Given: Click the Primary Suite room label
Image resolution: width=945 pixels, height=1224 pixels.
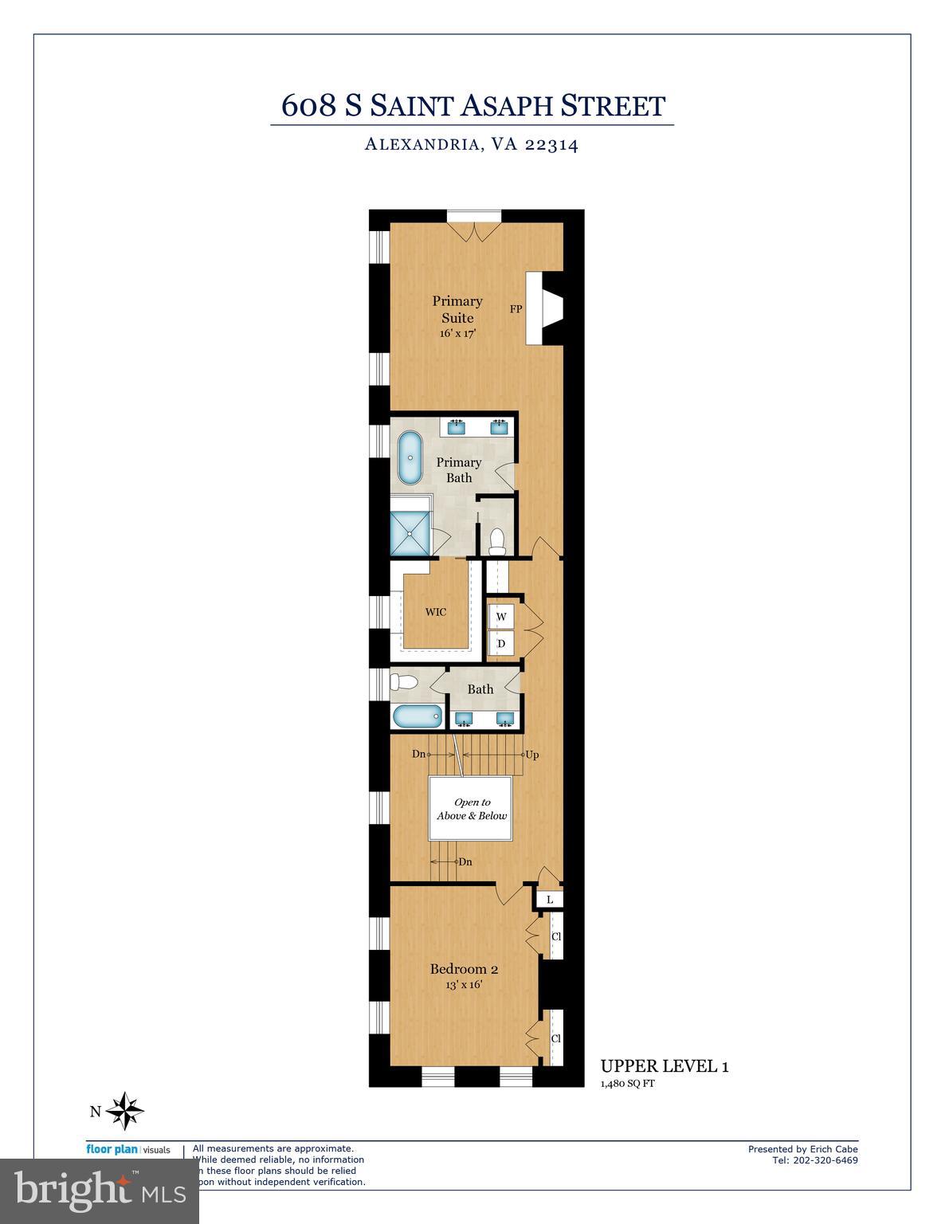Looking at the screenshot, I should (x=457, y=309).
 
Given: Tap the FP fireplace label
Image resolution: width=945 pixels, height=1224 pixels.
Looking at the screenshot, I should (x=516, y=308).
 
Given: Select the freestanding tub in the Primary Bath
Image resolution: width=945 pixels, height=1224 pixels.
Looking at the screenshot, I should (x=410, y=458).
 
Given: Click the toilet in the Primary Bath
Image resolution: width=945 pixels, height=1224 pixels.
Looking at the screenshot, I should (x=498, y=540).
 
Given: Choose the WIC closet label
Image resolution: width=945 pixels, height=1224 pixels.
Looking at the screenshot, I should (x=435, y=612).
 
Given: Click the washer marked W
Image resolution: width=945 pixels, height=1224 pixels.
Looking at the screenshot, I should (x=501, y=617).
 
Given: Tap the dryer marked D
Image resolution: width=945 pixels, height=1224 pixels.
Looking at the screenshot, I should (x=501, y=643).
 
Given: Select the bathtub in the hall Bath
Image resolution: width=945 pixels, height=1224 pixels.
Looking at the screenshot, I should (x=417, y=716).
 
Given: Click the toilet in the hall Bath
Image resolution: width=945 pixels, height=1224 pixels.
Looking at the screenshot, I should (x=404, y=682).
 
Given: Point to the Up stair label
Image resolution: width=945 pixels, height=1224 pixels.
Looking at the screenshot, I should (x=531, y=754).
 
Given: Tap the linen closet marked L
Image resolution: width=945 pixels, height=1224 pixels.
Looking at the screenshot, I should (x=550, y=900).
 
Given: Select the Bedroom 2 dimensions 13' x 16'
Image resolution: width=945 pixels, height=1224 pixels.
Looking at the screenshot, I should (x=464, y=985).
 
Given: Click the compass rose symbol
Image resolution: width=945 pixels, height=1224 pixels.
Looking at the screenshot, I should (x=124, y=1111).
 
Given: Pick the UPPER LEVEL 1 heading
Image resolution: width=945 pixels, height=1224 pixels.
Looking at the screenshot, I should (x=664, y=1066).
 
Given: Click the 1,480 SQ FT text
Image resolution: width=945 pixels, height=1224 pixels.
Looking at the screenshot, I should (x=627, y=1084).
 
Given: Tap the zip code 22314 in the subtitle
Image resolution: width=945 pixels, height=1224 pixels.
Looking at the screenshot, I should (x=551, y=144).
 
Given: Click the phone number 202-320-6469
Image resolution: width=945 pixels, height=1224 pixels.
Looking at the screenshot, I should (x=815, y=1160).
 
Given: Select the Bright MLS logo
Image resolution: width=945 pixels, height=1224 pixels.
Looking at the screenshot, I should (x=100, y=1190).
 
